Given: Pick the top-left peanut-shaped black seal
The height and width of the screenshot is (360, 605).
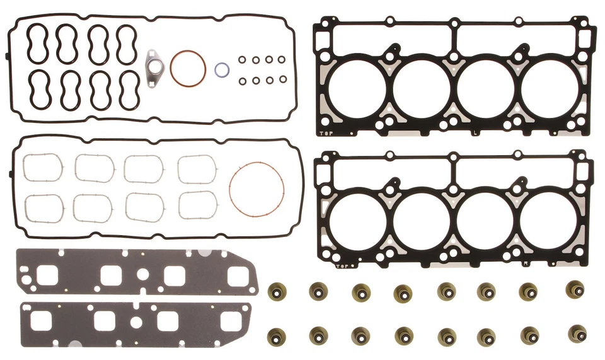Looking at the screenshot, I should pos(37,44).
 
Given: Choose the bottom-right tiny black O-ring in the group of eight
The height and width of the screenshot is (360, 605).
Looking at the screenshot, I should pos(282,80).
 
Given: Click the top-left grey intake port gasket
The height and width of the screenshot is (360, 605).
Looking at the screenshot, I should pos(43,168).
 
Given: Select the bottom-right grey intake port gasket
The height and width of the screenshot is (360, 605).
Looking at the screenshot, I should pos(197,205).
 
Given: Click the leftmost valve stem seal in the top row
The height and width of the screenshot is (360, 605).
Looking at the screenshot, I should pos(276,291).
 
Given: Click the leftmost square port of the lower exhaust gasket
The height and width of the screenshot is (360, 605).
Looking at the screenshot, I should pos(42,321).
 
